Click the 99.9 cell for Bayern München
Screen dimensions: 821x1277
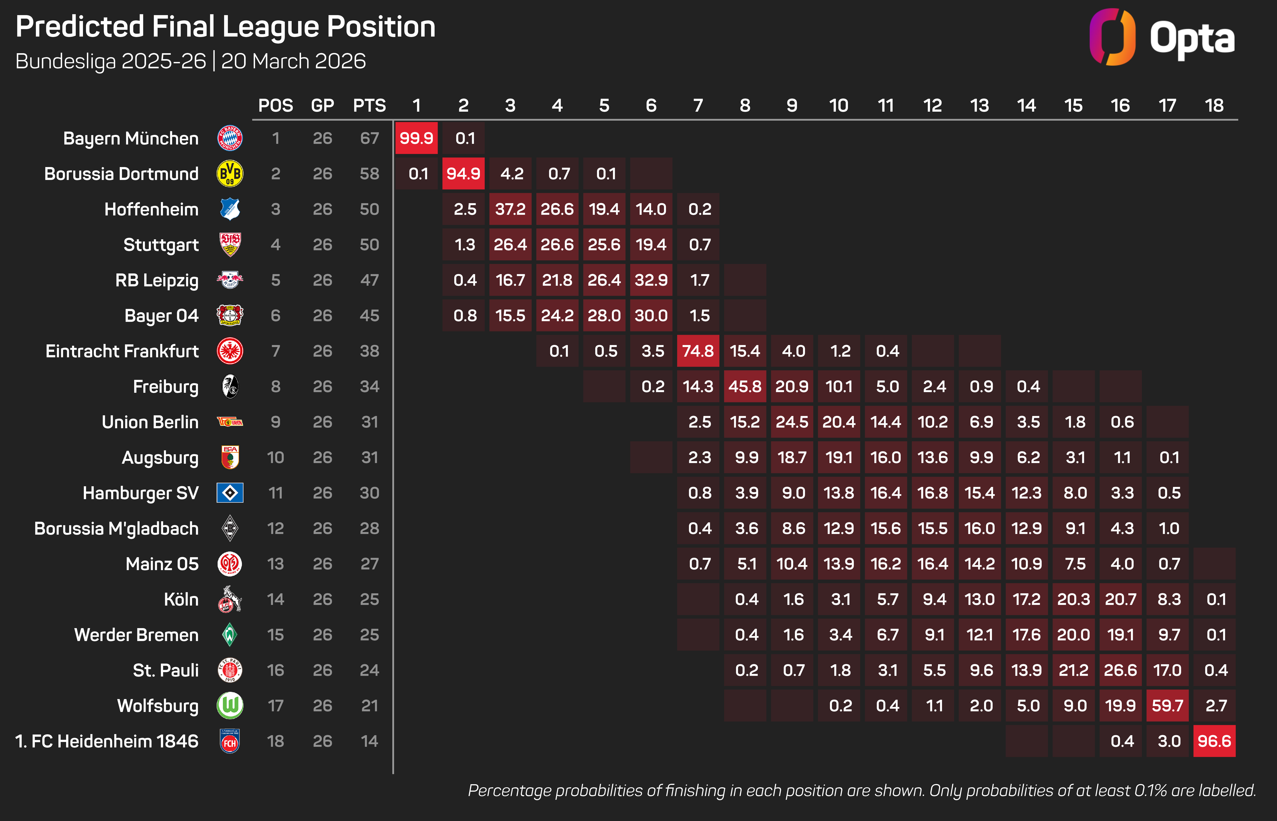coord(416,138)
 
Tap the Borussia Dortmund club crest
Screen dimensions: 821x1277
coord(230,174)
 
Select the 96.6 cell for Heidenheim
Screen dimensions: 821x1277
coord(1214,741)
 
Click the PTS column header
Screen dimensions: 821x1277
coord(369,106)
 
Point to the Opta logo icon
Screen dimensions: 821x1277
coord(1112,37)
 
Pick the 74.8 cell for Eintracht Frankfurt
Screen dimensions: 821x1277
coord(698,351)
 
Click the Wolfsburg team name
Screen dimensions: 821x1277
coord(158,706)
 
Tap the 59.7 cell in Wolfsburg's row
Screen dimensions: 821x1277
coord(1167,706)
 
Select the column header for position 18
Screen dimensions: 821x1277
coord(1214,106)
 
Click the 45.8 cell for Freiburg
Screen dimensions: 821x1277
coord(745,386)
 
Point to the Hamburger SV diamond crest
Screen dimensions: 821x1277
coord(230,493)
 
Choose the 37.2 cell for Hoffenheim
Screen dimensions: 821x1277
coord(510,209)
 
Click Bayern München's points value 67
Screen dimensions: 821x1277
coord(369,138)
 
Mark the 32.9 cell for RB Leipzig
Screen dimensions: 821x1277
coord(651,280)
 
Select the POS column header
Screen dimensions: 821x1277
coord(276,106)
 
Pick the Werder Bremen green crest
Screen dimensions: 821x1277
coord(230,634)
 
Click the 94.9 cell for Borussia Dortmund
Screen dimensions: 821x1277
coord(463,174)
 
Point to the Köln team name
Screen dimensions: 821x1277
coord(181,599)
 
